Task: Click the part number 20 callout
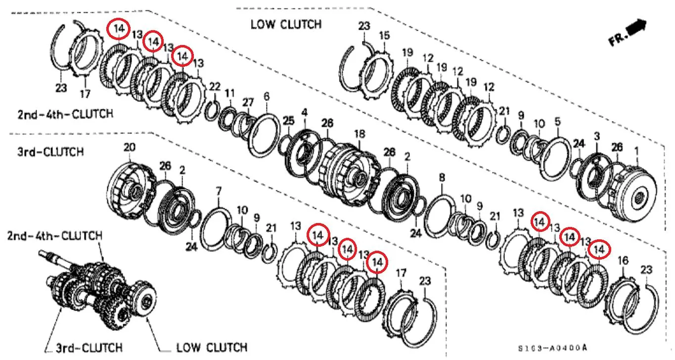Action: coord(130,147)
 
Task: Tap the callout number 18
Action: coord(360,134)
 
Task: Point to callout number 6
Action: coord(267,97)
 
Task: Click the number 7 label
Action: coord(219,191)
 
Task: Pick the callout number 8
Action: coord(442,178)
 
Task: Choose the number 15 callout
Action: coord(384,36)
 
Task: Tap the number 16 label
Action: coord(623,261)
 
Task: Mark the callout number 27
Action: coord(248,102)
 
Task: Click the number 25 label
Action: coord(288,121)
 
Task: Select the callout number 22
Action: coord(215,87)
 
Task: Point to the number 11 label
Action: coord(229,93)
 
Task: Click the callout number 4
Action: coord(305,113)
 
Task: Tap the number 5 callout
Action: coord(558,122)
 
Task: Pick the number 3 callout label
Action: coord(597,136)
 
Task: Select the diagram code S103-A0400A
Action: coord(553,348)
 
